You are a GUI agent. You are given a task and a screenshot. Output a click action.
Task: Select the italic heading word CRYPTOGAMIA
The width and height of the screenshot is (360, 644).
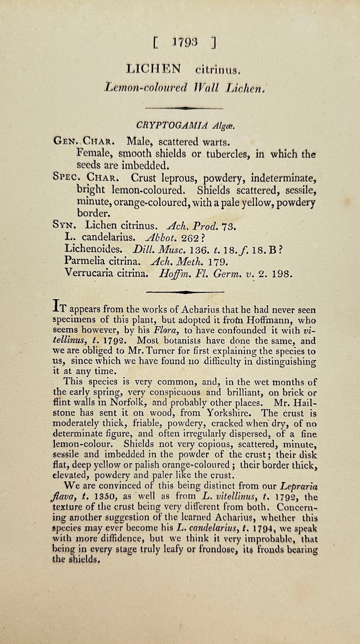[x=172, y=125]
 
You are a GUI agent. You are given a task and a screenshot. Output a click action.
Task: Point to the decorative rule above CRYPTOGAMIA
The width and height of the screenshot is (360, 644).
[x=183, y=108]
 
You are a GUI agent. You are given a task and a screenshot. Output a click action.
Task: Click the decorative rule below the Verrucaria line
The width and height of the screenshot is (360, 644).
[x=185, y=291]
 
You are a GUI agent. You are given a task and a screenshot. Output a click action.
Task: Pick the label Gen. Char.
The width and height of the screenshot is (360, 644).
[x=85, y=142]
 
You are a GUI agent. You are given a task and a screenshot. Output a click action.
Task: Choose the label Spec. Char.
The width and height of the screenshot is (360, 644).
[x=85, y=177]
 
